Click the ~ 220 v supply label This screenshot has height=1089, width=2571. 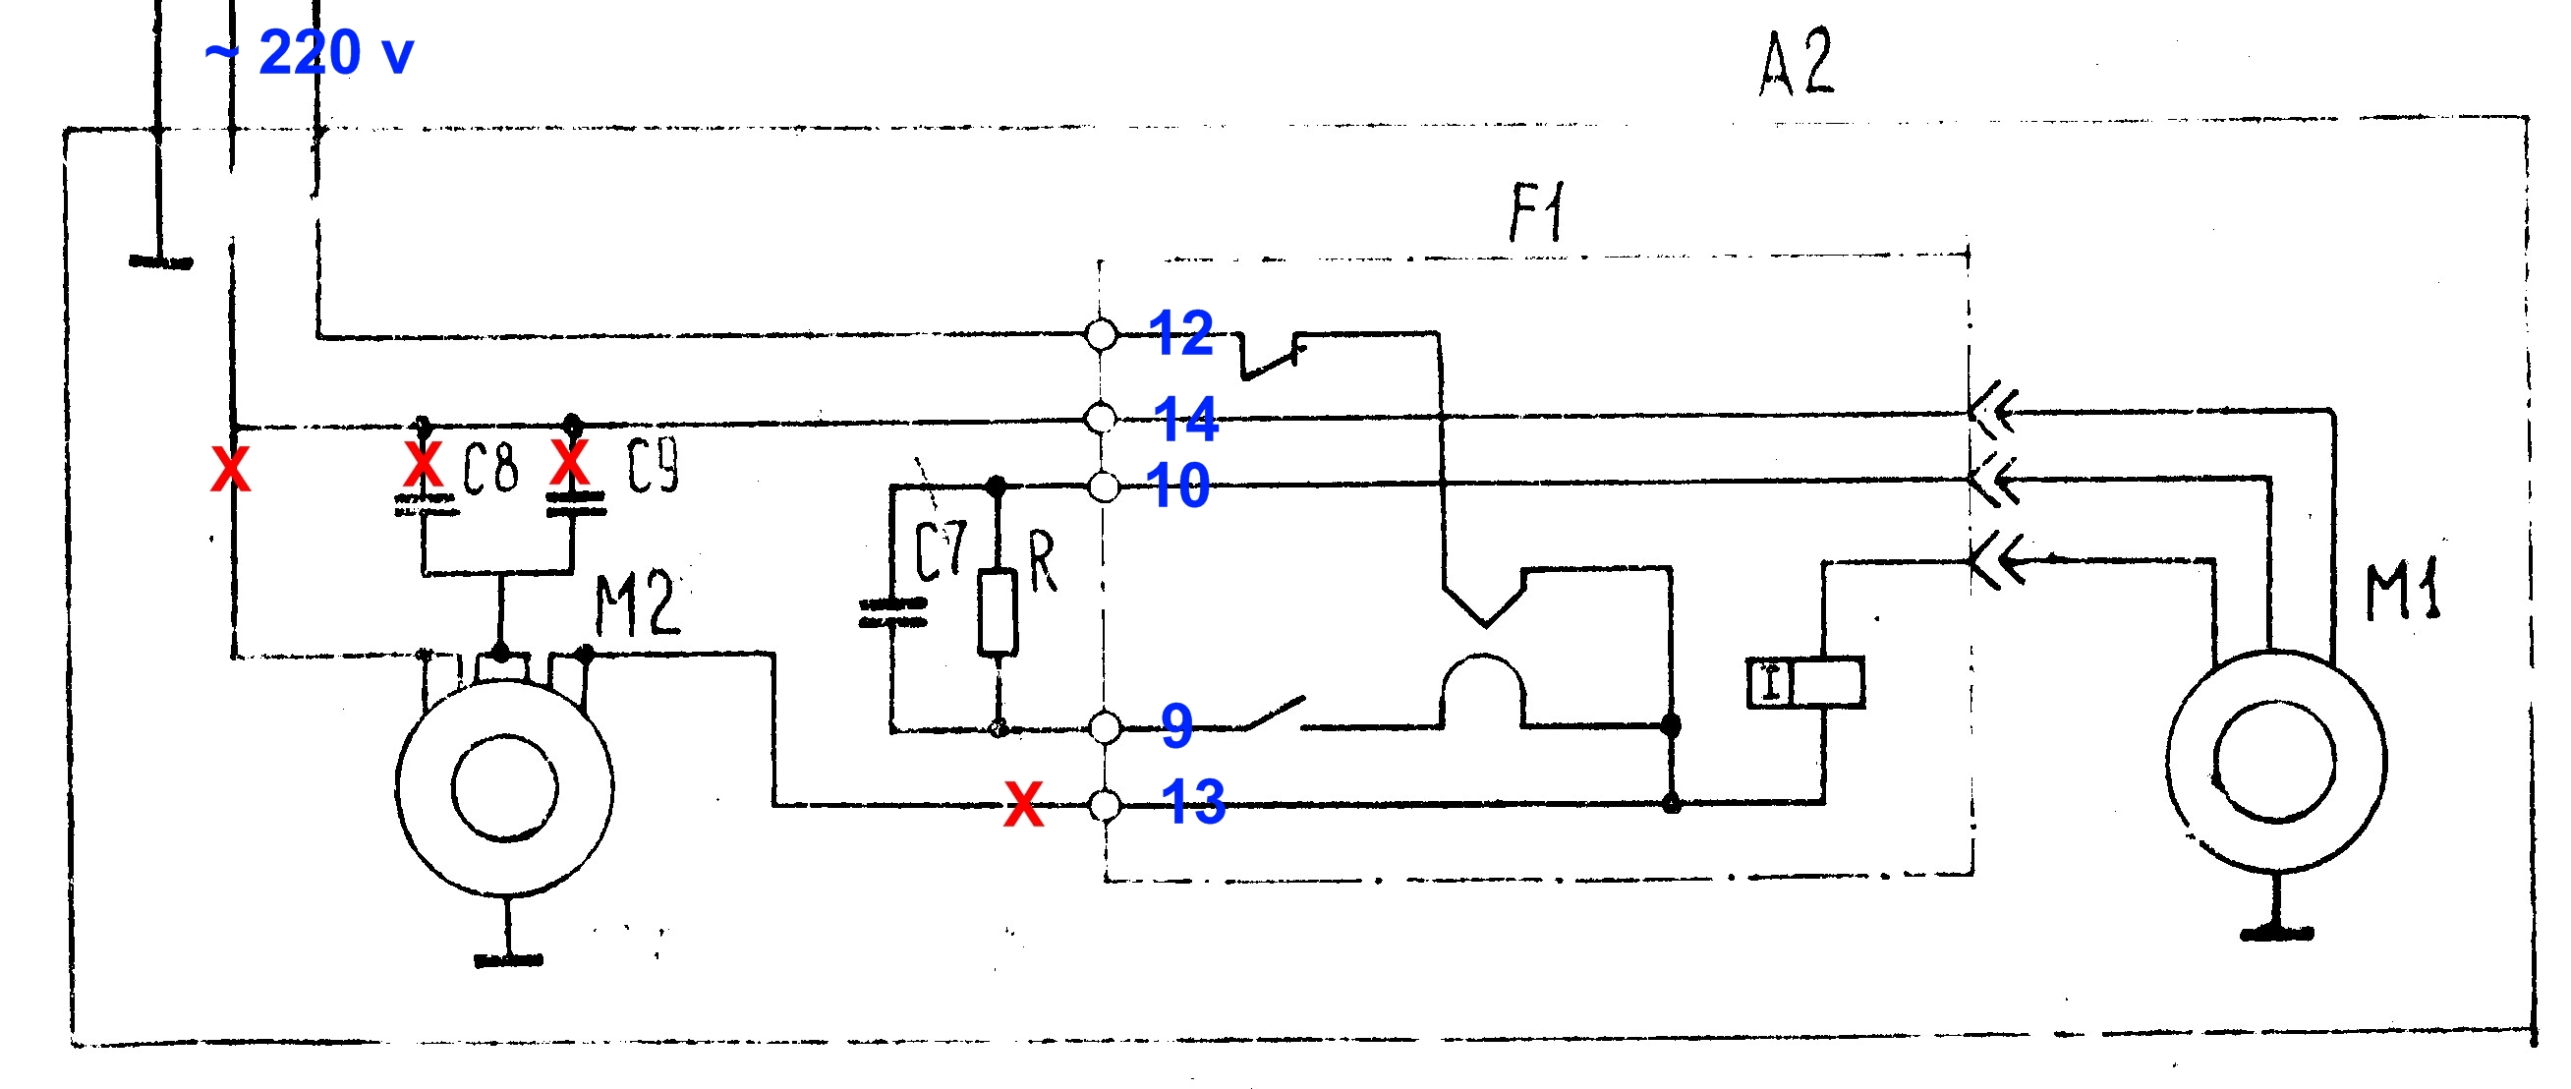pos(310,52)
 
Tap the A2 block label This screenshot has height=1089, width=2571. pos(1797,62)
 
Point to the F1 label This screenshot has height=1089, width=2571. pos(1537,211)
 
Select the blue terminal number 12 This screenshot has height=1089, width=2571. pos(1180,332)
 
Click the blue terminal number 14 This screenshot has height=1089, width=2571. pos(1185,419)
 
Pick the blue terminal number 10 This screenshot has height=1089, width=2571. pos(1177,486)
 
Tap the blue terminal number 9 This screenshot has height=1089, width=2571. pos(1177,724)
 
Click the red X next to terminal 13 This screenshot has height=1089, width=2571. pos(1024,805)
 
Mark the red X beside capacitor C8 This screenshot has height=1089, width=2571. pos(424,464)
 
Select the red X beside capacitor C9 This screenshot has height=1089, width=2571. pos(570,462)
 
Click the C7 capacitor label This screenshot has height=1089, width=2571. pos(942,551)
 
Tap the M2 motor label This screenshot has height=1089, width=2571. pos(638,604)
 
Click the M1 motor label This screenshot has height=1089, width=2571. pos(2403,591)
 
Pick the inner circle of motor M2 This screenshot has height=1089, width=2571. pos(505,787)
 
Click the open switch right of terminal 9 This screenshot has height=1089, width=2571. pos(1276,713)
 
